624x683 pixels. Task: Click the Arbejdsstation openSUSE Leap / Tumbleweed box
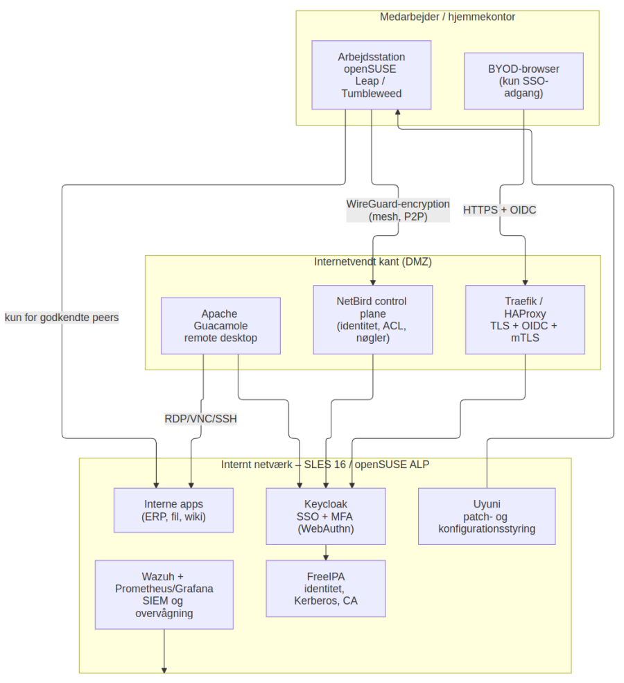click(371, 75)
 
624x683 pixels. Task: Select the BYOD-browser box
click(523, 81)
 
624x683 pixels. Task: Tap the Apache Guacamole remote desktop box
click(220, 326)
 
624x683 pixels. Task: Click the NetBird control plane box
click(373, 320)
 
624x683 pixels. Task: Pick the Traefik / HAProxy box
click(525, 320)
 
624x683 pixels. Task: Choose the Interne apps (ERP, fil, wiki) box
click(173, 510)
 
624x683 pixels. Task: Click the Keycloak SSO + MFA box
click(326, 516)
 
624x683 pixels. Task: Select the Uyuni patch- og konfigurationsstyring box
click(487, 516)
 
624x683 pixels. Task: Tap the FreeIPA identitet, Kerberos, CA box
click(326, 589)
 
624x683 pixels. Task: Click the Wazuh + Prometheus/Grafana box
click(164, 594)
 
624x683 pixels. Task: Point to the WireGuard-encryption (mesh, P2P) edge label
click(398, 210)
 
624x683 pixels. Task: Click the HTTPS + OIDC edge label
click(499, 210)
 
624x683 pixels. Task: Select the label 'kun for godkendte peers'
click(62, 318)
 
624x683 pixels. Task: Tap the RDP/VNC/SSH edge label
click(201, 419)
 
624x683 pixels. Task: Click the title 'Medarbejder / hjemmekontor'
click(447, 17)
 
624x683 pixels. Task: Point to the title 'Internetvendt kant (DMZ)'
click(373, 262)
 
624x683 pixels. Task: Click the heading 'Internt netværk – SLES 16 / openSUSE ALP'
click(325, 465)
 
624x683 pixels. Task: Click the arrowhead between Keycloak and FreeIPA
click(326, 557)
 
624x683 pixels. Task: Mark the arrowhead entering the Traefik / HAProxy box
click(525, 283)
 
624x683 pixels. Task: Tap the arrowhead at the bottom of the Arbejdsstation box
click(397, 112)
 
